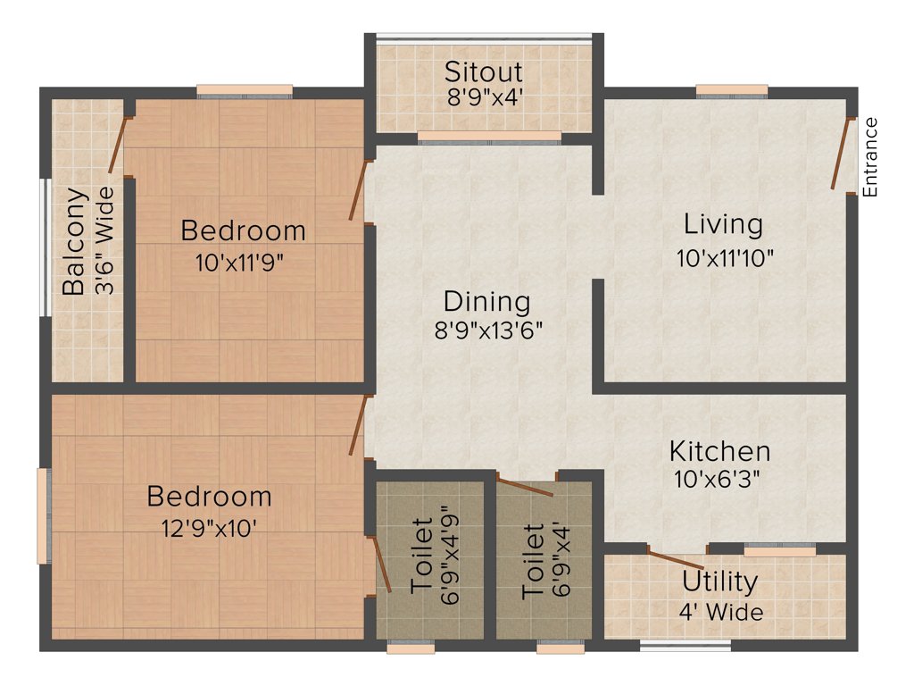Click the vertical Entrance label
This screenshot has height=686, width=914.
pos(870,157)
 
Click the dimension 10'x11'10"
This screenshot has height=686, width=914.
pos(724,258)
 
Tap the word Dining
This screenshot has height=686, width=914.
pos(486,301)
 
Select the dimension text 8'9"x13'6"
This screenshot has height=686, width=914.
pos(486,330)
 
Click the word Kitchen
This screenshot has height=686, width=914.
pos(719,450)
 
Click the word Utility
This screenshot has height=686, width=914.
pos(719,581)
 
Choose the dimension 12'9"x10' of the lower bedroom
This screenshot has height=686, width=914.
pos(209,527)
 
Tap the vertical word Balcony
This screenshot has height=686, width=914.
pos(74,241)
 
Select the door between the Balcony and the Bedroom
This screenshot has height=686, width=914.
pos(116,145)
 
